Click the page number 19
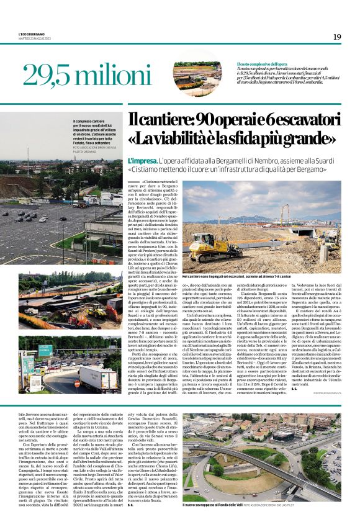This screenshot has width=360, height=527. [336, 37]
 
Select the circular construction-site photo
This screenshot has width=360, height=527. [197, 73]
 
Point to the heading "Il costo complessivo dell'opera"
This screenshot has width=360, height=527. [261, 65]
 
